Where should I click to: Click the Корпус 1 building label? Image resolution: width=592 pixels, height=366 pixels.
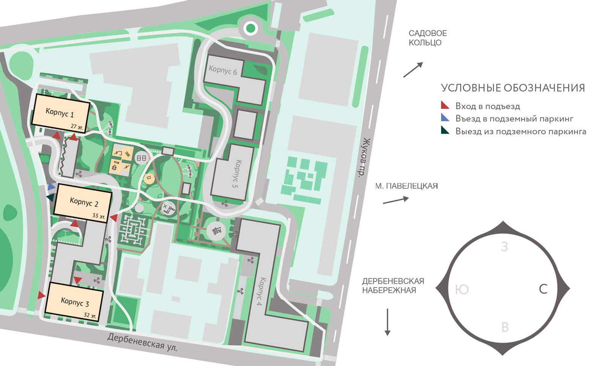coord(60,112)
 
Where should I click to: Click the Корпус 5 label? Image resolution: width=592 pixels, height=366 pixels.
coord(236,174)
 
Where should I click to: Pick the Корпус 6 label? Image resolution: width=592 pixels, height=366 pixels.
coord(223,70)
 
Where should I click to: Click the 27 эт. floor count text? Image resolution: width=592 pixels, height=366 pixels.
coord(77,127)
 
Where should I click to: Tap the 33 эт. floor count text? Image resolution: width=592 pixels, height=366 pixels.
coord(99,216)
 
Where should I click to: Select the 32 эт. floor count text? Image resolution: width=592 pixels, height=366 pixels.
coord(90,315)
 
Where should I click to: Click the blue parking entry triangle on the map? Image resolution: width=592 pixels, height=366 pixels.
coord(52,187)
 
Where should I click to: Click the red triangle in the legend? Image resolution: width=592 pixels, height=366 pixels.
coord(445,106)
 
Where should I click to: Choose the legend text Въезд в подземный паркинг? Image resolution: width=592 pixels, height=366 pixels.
coord(514,119)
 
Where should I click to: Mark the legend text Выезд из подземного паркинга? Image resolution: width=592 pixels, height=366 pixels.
coord(521,132)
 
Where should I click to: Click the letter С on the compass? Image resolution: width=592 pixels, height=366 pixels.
coord(543,289)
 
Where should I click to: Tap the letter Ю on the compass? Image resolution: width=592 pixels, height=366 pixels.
coord(462,290)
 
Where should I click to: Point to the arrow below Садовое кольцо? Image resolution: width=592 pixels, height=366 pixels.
coord(413,70)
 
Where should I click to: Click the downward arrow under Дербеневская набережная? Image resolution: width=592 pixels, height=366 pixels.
coord(387,322)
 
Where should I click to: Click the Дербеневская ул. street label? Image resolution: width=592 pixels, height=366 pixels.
coord(142,342)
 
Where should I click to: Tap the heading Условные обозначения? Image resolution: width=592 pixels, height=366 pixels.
coord(513,88)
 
